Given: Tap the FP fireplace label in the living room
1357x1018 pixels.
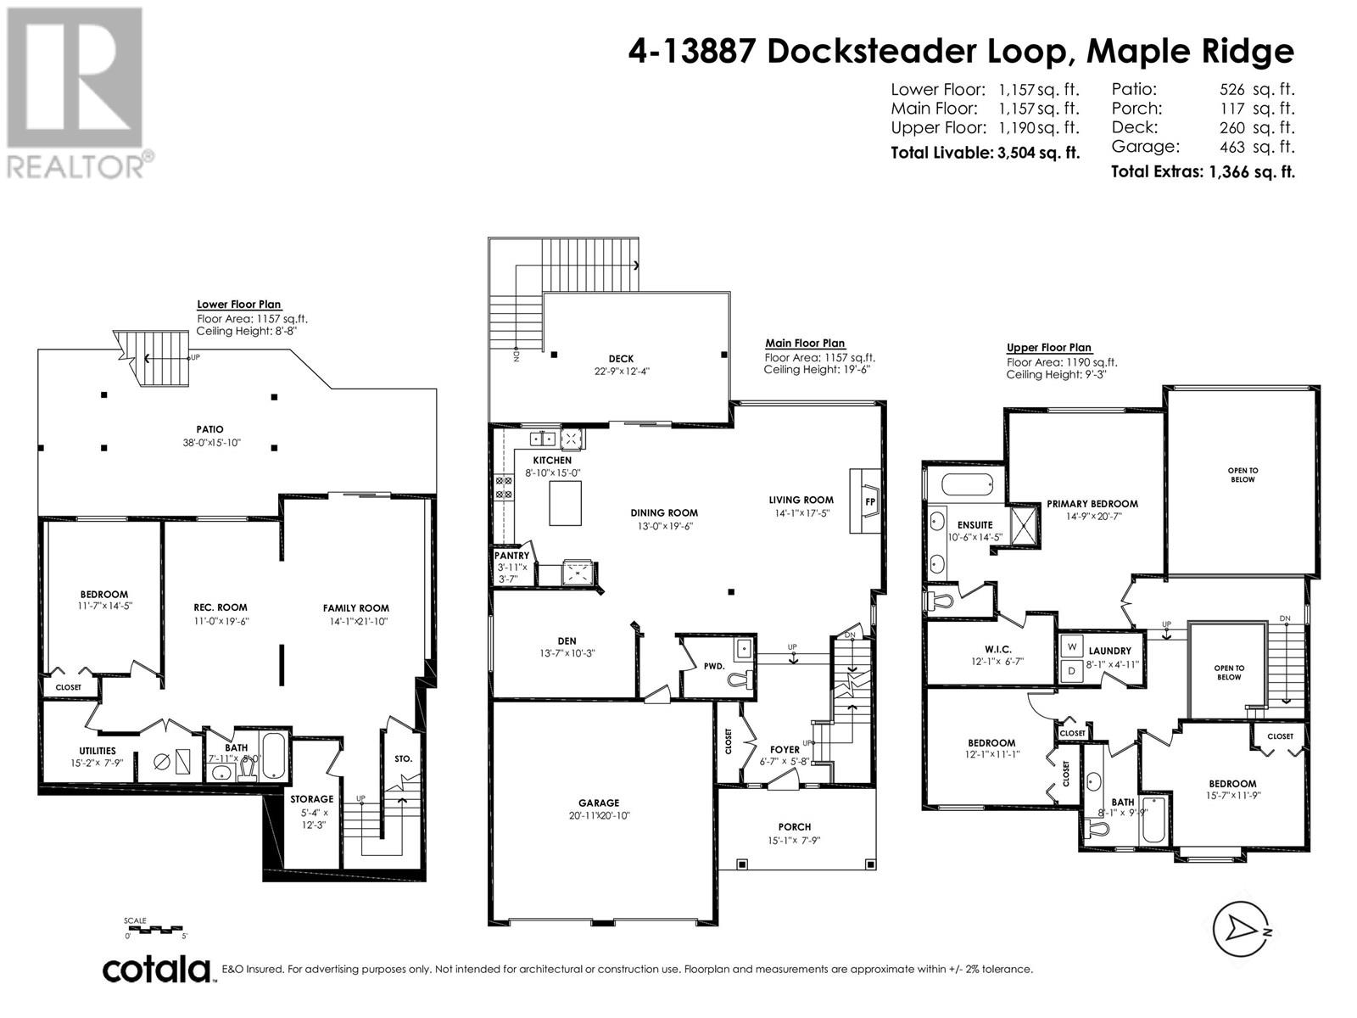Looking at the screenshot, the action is click(870, 502).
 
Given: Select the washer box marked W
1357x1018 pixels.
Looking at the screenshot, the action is click(1072, 647).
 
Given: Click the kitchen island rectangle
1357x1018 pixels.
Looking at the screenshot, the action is click(565, 502).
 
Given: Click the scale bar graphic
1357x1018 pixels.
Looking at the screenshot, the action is click(155, 929).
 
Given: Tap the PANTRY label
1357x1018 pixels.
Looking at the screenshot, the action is click(512, 556).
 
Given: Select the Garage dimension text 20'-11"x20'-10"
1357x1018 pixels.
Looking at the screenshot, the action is click(599, 815).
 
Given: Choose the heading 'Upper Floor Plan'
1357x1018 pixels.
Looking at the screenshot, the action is click(1049, 347).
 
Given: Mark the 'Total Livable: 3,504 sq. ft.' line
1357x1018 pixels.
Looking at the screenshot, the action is click(985, 153).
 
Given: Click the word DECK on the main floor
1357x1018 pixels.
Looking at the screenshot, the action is click(621, 359).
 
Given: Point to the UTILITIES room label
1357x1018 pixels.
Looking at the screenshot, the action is click(97, 751).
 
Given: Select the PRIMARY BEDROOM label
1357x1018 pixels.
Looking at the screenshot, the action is click(1092, 504).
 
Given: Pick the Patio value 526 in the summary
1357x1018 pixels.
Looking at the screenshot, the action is click(1231, 90).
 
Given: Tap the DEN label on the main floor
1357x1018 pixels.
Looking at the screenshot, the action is click(567, 641).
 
